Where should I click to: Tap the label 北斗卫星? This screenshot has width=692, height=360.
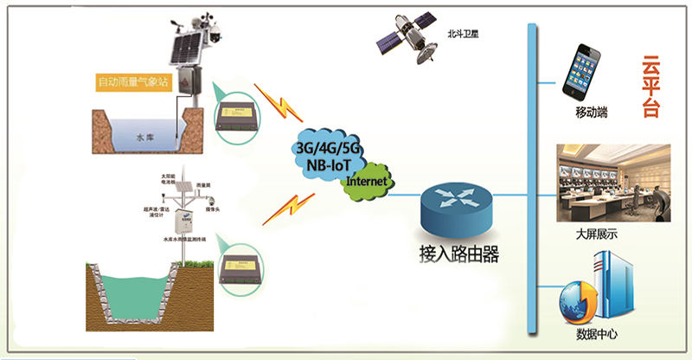click(x=463, y=35)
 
